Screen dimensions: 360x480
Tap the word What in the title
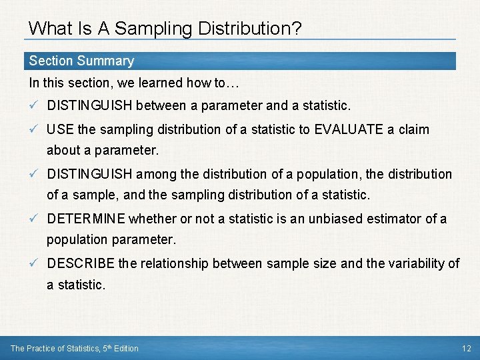click(46, 28)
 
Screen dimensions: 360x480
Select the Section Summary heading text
click(81, 61)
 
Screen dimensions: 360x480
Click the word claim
click(413, 129)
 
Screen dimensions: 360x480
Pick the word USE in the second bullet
click(61, 129)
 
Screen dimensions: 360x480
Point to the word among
click(157, 174)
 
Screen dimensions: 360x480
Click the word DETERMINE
click(86, 219)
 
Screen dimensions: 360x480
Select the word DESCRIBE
click(81, 263)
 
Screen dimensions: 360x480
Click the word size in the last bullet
click(325, 263)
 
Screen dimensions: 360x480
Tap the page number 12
click(466, 348)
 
